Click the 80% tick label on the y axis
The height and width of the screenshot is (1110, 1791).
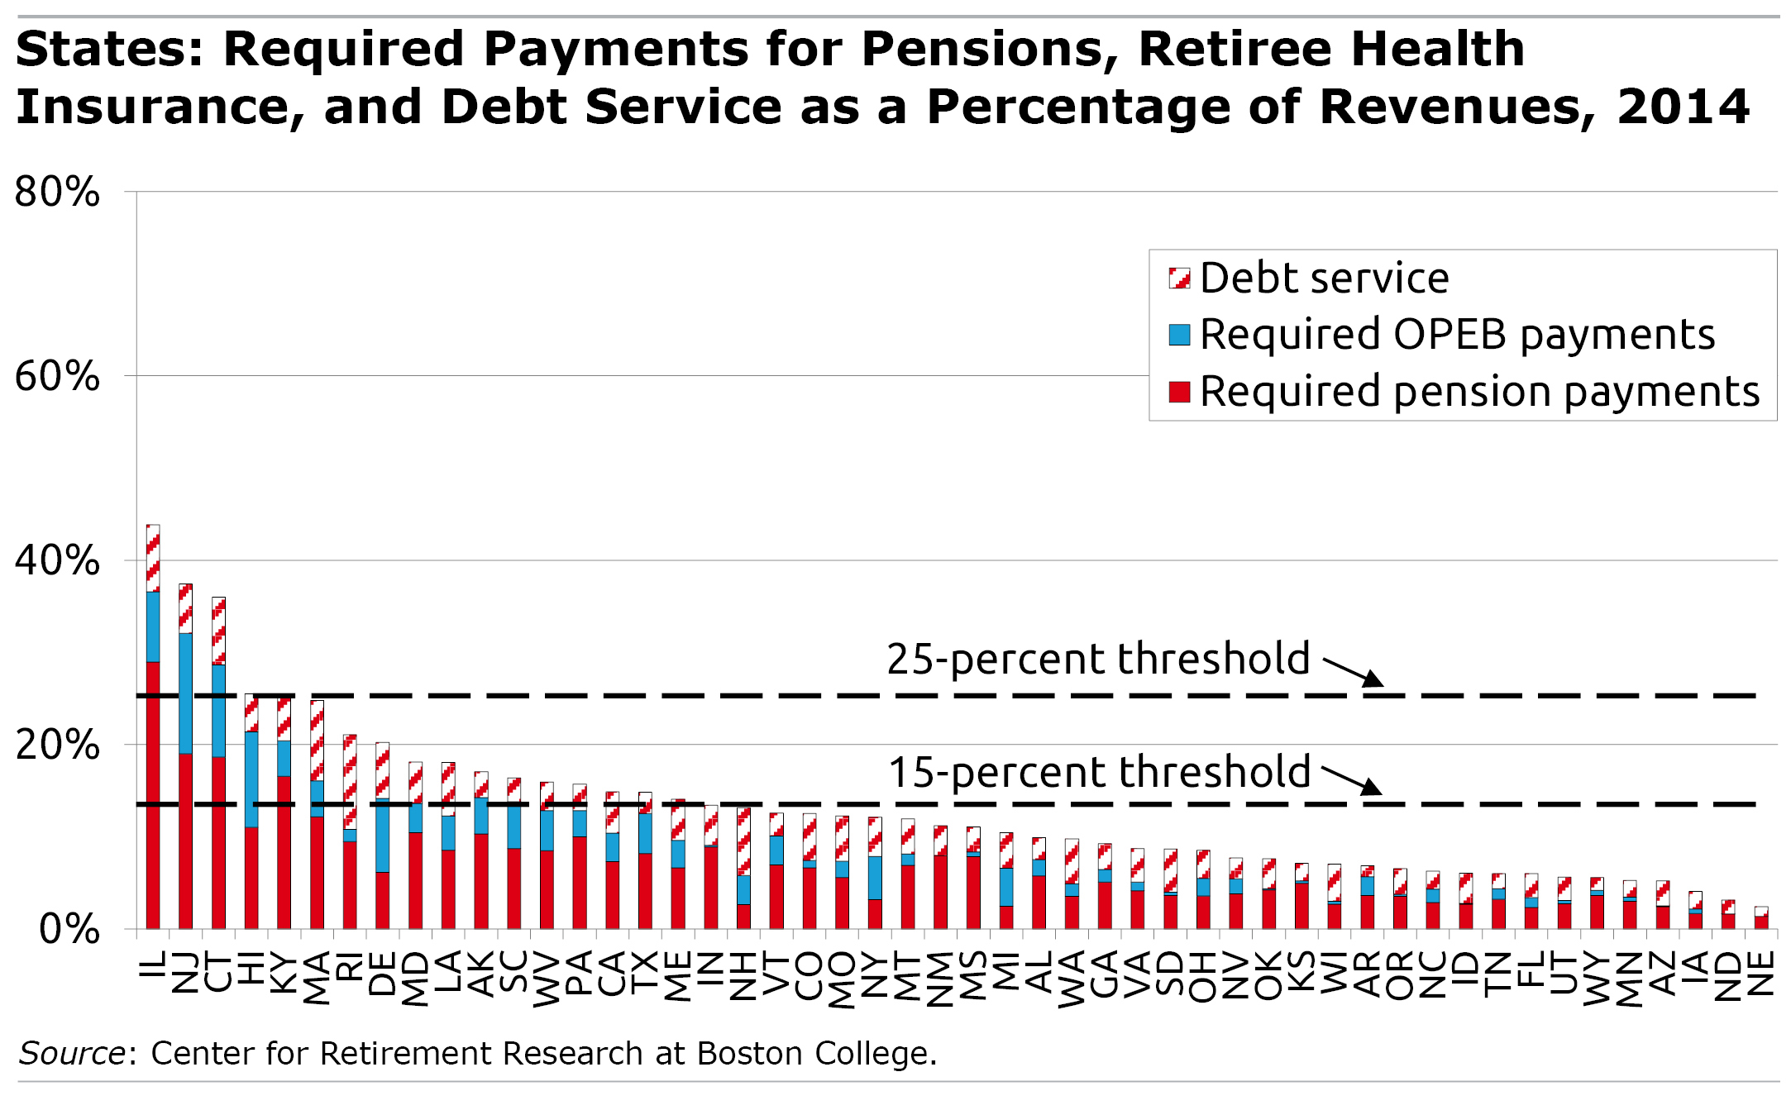57,193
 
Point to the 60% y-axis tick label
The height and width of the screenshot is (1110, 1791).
57,377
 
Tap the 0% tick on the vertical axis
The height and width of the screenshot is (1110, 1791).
69,930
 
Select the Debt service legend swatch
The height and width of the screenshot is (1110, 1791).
1179,278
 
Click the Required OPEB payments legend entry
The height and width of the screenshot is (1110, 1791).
1456,335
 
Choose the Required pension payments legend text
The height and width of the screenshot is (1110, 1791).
1479,392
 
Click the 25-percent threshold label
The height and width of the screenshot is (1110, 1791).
1098,660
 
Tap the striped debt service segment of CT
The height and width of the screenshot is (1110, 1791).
218,630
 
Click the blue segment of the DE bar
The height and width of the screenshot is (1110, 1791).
382,835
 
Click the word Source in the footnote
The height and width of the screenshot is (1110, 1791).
72,1054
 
